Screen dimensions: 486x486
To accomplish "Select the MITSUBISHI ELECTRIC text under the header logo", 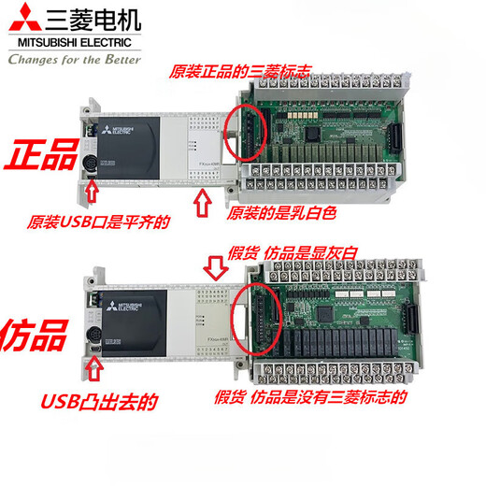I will [73, 42].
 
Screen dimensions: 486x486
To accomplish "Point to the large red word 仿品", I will [39, 334].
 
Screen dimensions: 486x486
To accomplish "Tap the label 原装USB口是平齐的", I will [97, 224].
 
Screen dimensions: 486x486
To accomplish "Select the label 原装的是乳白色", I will [280, 214].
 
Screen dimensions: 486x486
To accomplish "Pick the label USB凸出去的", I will [99, 403].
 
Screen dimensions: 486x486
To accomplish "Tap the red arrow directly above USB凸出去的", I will [93, 368].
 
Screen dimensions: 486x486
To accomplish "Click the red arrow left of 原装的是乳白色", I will [204, 205].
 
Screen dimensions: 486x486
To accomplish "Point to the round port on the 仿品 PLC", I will [94, 336].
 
